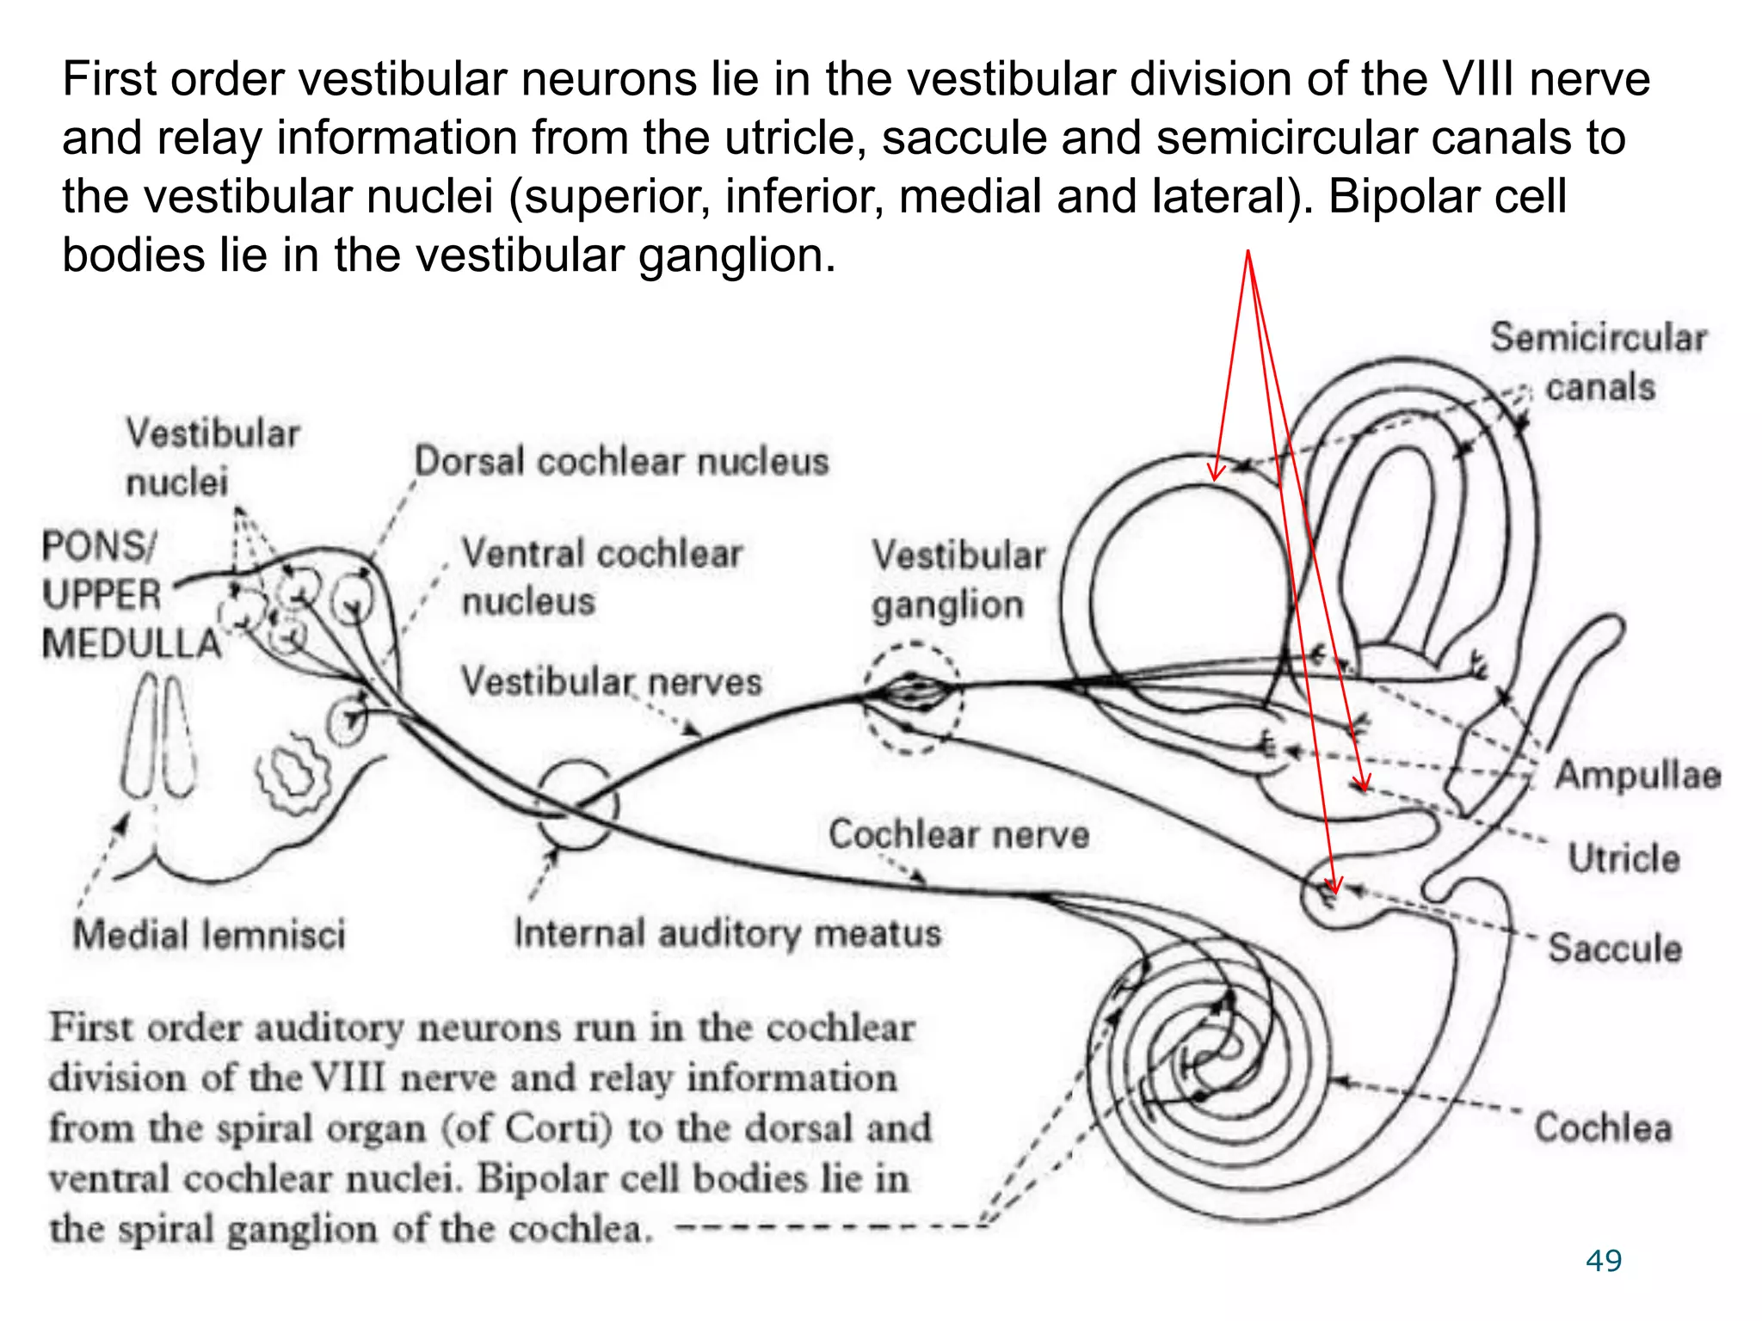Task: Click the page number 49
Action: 1604,1261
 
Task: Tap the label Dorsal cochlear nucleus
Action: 621,462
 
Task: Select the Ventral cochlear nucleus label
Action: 601,576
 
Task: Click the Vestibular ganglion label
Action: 957,580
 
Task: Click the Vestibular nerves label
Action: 611,682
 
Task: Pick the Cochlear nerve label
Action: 958,834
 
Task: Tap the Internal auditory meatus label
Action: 727,933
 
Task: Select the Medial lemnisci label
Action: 209,935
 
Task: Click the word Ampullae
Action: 1637,775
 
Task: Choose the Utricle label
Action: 1623,858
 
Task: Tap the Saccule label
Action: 1615,948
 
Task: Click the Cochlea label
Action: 1603,1127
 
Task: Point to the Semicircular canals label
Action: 1599,362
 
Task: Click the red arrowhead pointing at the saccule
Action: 1334,886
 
